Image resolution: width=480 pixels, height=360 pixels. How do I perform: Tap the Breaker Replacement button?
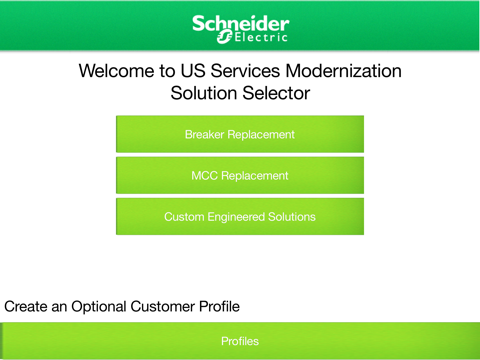(240, 134)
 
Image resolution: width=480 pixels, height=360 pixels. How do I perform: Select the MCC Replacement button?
(240, 175)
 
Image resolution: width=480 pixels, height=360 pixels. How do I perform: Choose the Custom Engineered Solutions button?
(240, 216)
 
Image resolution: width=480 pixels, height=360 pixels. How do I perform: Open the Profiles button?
(240, 341)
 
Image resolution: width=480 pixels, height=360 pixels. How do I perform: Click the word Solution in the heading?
(207, 94)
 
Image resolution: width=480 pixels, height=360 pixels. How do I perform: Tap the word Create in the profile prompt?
(27, 305)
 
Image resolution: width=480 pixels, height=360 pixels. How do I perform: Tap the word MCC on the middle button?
(205, 175)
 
